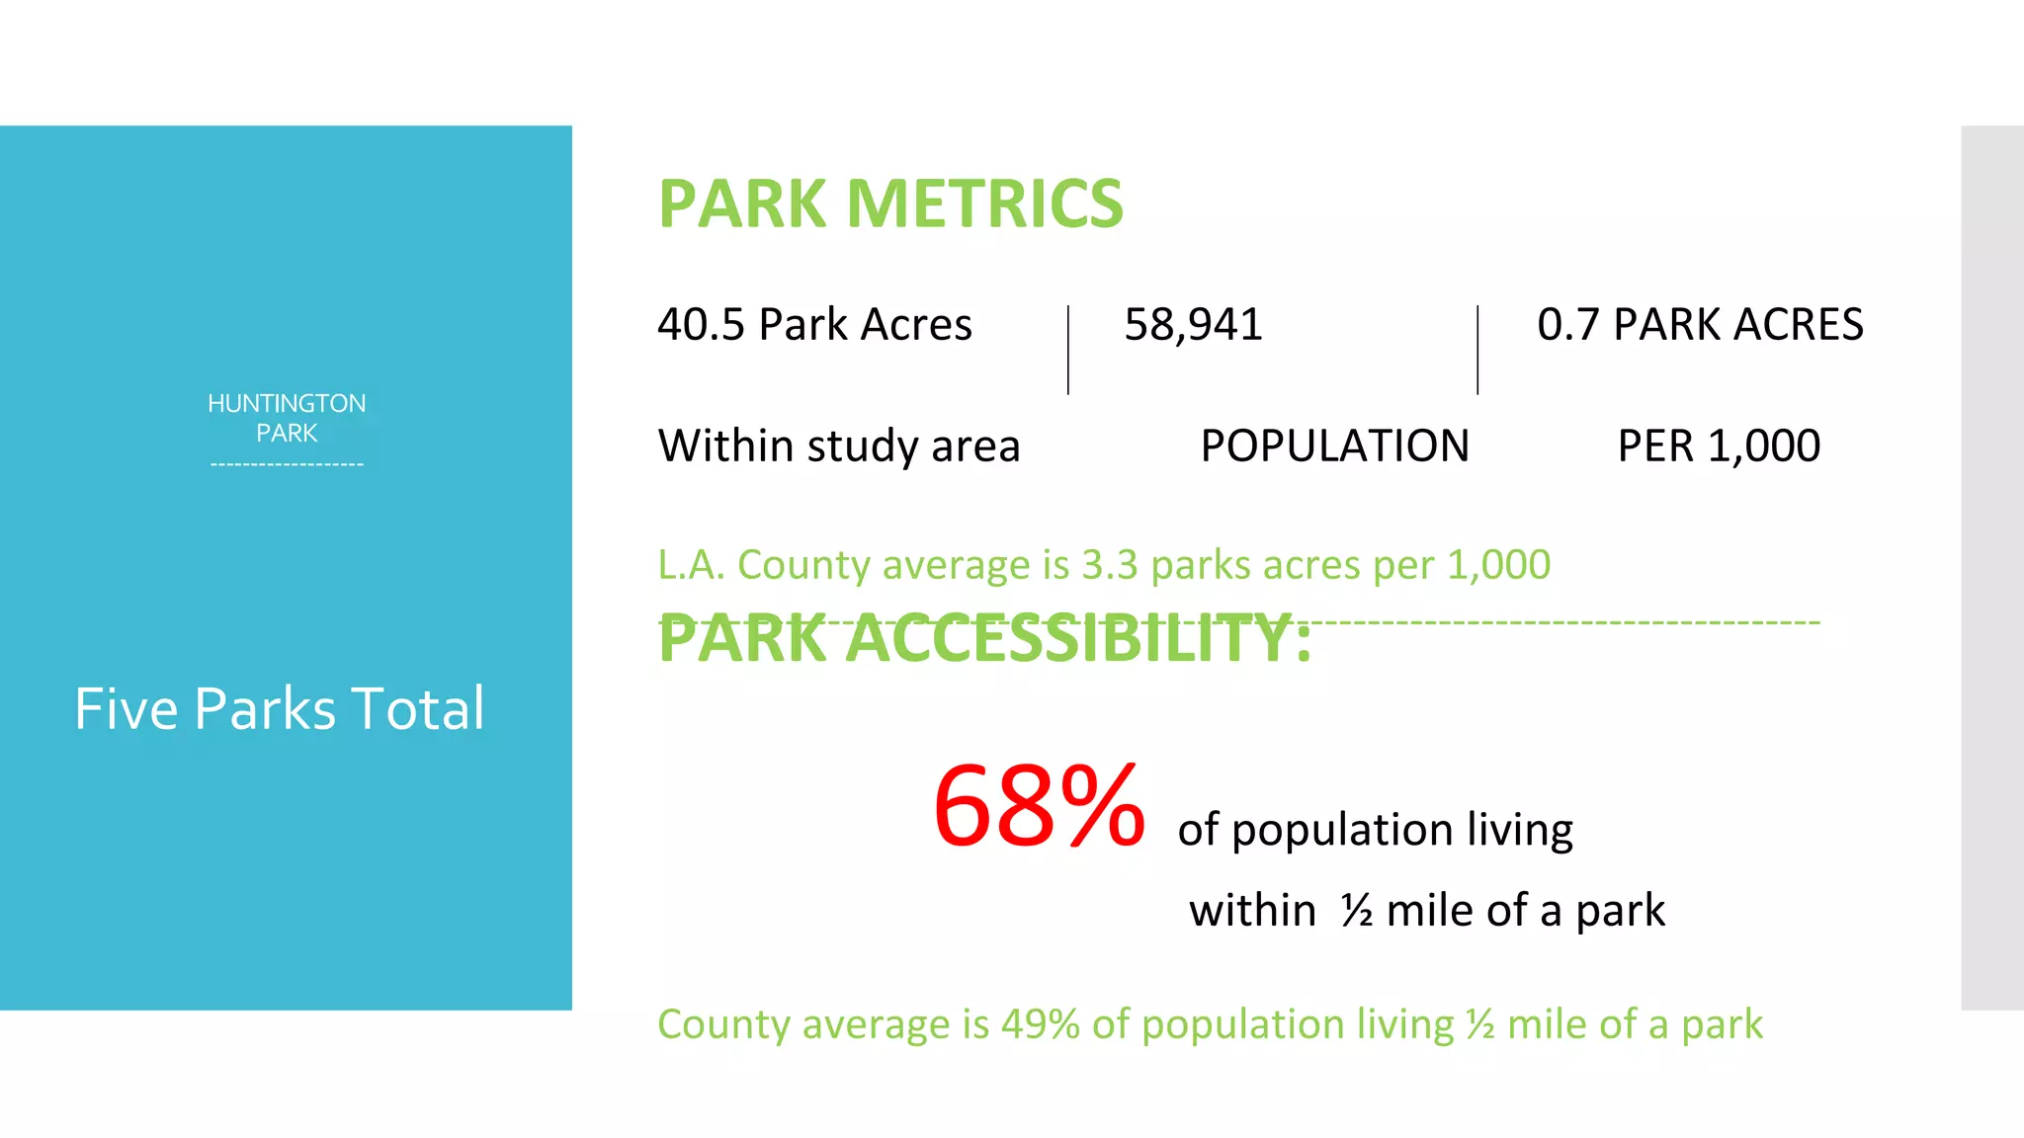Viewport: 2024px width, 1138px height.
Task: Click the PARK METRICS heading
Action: [890, 203]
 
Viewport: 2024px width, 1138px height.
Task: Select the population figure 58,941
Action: [1193, 325]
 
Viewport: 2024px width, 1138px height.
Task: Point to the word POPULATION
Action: [1334, 446]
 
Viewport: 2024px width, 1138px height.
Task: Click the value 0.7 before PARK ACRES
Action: [1567, 325]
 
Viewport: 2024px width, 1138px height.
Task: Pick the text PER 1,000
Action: [1719, 446]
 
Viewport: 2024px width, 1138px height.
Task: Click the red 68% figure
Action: [1039, 806]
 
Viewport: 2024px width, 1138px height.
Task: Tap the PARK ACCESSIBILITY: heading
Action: [984, 639]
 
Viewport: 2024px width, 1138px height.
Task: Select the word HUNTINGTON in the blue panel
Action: [287, 403]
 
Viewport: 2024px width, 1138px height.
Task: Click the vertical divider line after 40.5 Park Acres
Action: [1068, 350]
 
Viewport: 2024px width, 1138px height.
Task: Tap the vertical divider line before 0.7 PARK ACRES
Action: [1477, 350]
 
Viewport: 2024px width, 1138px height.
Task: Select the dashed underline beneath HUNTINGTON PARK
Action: [287, 463]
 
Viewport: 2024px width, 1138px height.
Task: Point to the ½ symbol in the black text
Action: [1357, 910]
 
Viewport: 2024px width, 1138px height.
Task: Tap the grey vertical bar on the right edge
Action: [1992, 567]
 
